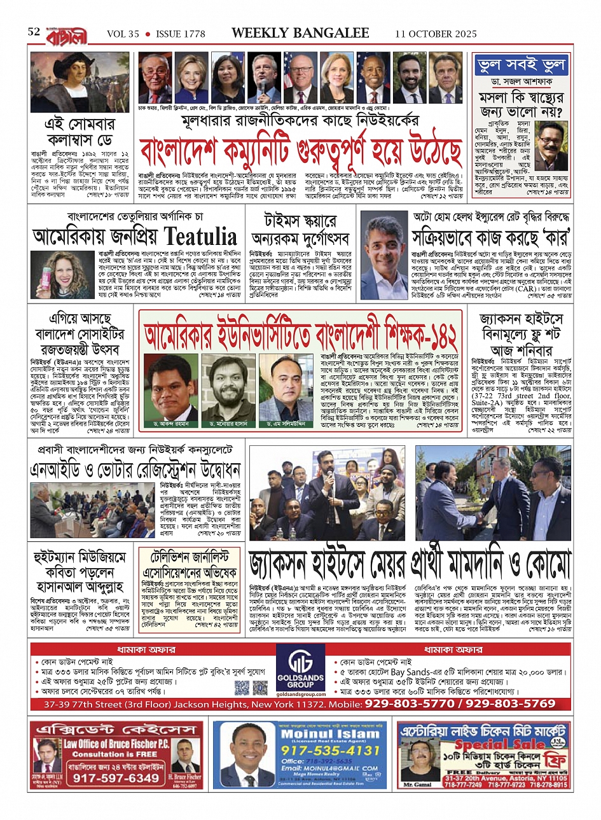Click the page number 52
[34, 32]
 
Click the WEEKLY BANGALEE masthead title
[300, 33]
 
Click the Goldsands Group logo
[300, 671]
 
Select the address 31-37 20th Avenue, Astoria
[514, 777]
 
